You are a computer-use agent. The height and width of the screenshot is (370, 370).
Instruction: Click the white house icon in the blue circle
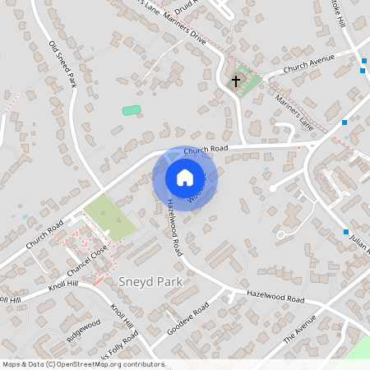coord(184,178)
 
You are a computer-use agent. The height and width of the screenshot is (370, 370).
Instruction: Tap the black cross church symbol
coord(236,81)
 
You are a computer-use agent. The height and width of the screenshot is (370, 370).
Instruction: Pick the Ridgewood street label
coord(84,328)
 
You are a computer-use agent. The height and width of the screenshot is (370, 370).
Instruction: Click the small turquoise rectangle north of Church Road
coord(132,110)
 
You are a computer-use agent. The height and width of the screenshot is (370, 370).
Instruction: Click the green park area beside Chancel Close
coord(110,218)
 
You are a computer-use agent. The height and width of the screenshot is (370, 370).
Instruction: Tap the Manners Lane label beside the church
coord(294,112)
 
